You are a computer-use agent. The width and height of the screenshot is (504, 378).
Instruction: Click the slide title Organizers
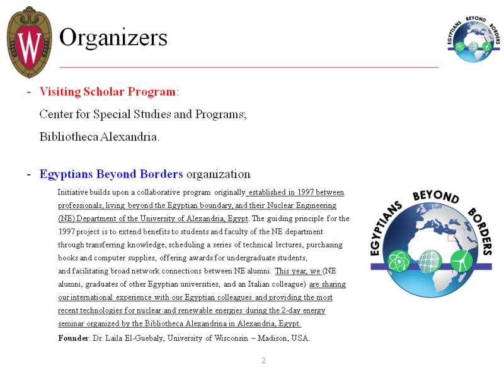click(x=113, y=38)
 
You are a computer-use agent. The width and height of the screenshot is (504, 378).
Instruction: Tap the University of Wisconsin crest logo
click(x=29, y=42)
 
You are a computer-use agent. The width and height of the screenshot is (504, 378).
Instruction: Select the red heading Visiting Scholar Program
click(x=107, y=92)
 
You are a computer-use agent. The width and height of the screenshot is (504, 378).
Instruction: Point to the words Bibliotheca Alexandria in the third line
click(x=100, y=137)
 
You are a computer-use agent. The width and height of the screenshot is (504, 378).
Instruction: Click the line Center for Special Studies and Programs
click(x=142, y=115)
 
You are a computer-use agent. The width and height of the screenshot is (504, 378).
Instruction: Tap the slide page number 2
click(x=263, y=361)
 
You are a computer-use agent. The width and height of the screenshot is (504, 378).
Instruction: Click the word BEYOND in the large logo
click(x=435, y=197)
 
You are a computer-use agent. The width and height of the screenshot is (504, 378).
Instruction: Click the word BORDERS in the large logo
click(x=481, y=229)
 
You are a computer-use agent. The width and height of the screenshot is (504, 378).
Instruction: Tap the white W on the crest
click(x=29, y=44)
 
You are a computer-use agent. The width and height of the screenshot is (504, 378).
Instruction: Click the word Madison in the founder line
click(x=273, y=338)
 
